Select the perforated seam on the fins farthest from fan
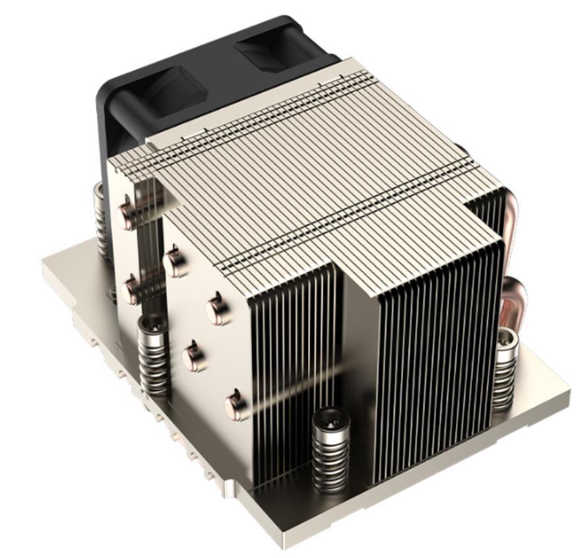coord(343,218)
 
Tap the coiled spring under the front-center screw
coord(331,456)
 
